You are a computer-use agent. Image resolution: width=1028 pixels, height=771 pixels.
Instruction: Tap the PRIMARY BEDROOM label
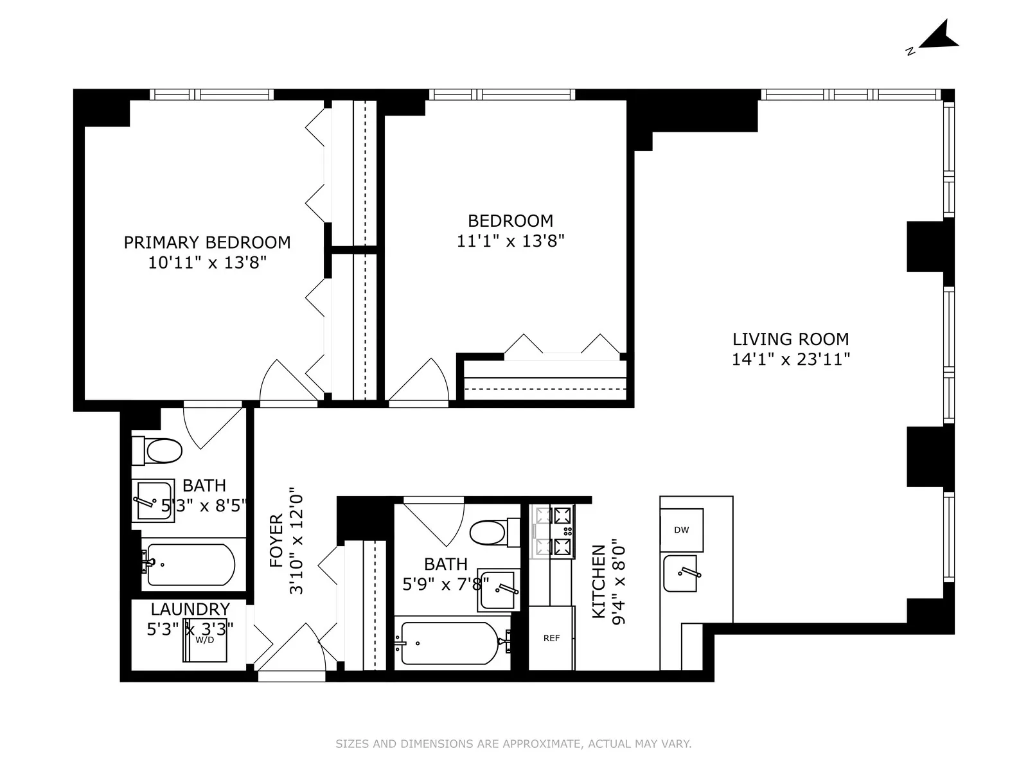[x=207, y=242]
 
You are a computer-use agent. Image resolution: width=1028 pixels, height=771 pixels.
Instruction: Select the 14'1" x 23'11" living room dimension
[x=791, y=359]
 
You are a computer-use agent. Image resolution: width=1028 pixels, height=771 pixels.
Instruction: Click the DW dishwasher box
[x=682, y=530]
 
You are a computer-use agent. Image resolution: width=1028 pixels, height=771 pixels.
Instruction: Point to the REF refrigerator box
[x=551, y=638]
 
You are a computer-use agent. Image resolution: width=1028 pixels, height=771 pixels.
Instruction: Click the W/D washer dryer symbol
[x=204, y=641]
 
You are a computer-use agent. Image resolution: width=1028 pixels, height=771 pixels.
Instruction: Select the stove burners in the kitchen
[x=553, y=531]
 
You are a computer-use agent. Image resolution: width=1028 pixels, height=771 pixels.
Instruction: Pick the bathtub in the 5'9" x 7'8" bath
[x=450, y=642]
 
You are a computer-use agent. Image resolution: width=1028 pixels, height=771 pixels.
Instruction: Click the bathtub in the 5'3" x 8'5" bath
[x=190, y=564]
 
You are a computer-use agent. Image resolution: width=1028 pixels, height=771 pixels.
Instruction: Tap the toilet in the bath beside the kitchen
[x=495, y=532]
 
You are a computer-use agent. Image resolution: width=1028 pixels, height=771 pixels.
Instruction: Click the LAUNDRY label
[x=190, y=608]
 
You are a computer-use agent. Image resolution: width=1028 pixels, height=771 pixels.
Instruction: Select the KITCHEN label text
[x=598, y=581]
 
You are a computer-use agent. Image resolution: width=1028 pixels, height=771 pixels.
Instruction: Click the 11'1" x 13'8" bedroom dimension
[x=511, y=241]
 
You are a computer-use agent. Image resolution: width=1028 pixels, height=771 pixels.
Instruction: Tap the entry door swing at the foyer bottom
[x=291, y=649]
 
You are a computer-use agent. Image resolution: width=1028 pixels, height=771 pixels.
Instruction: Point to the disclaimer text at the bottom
[x=513, y=744]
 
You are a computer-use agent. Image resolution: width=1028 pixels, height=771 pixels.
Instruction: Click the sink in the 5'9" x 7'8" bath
[x=499, y=589]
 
